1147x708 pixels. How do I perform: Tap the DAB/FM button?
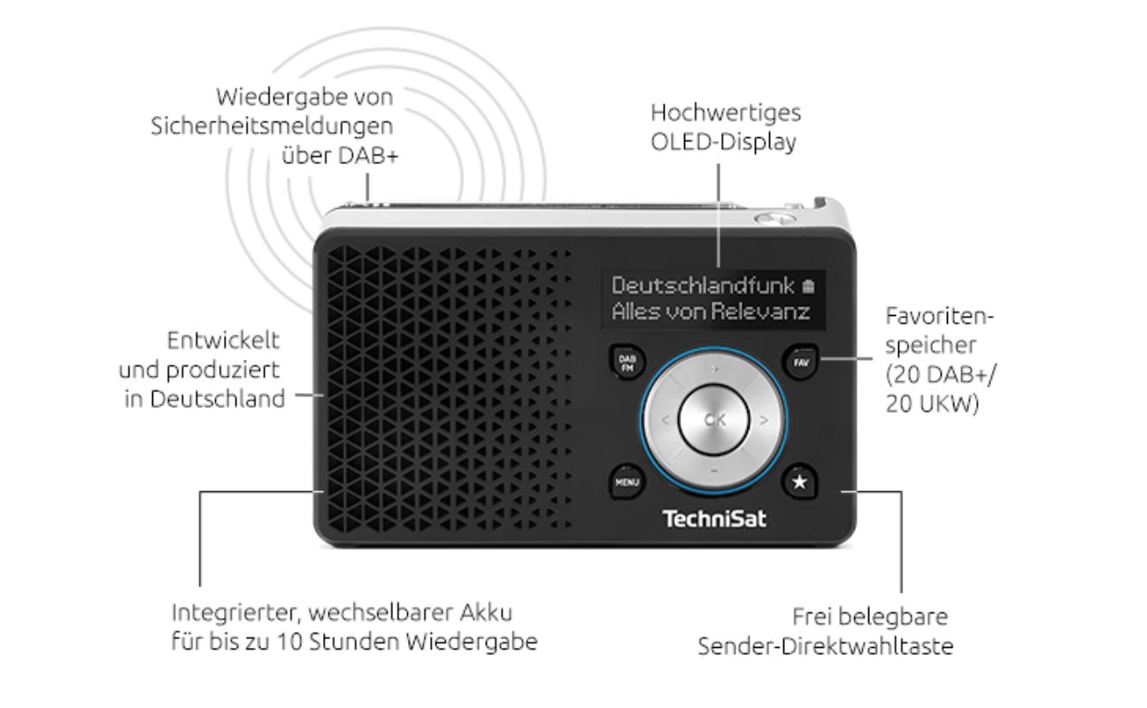pyautogui.click(x=627, y=363)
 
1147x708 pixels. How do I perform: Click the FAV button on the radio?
pyautogui.click(x=800, y=363)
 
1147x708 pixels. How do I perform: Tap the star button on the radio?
pyautogui.click(x=799, y=482)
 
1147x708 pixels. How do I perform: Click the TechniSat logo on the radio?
pyautogui.click(x=714, y=519)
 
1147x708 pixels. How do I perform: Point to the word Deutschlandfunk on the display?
pyautogui.click(x=703, y=286)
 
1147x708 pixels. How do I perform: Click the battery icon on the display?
pyautogui.click(x=808, y=286)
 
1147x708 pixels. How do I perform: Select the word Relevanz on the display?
pyautogui.click(x=760, y=312)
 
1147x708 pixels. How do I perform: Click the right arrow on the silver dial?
pyautogui.click(x=764, y=420)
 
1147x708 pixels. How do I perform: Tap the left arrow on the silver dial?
pyautogui.click(x=666, y=420)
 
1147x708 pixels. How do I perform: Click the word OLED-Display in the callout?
pyautogui.click(x=723, y=142)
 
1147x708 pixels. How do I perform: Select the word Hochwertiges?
pyautogui.click(x=726, y=113)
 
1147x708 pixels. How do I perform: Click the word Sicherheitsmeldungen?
pyautogui.click(x=272, y=127)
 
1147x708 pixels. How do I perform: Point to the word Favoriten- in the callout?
pyautogui.click(x=939, y=316)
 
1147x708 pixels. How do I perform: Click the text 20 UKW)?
pyautogui.click(x=932, y=404)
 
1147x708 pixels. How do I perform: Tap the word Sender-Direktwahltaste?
pyautogui.click(x=826, y=646)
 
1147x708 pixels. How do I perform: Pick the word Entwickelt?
pyautogui.click(x=223, y=341)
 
